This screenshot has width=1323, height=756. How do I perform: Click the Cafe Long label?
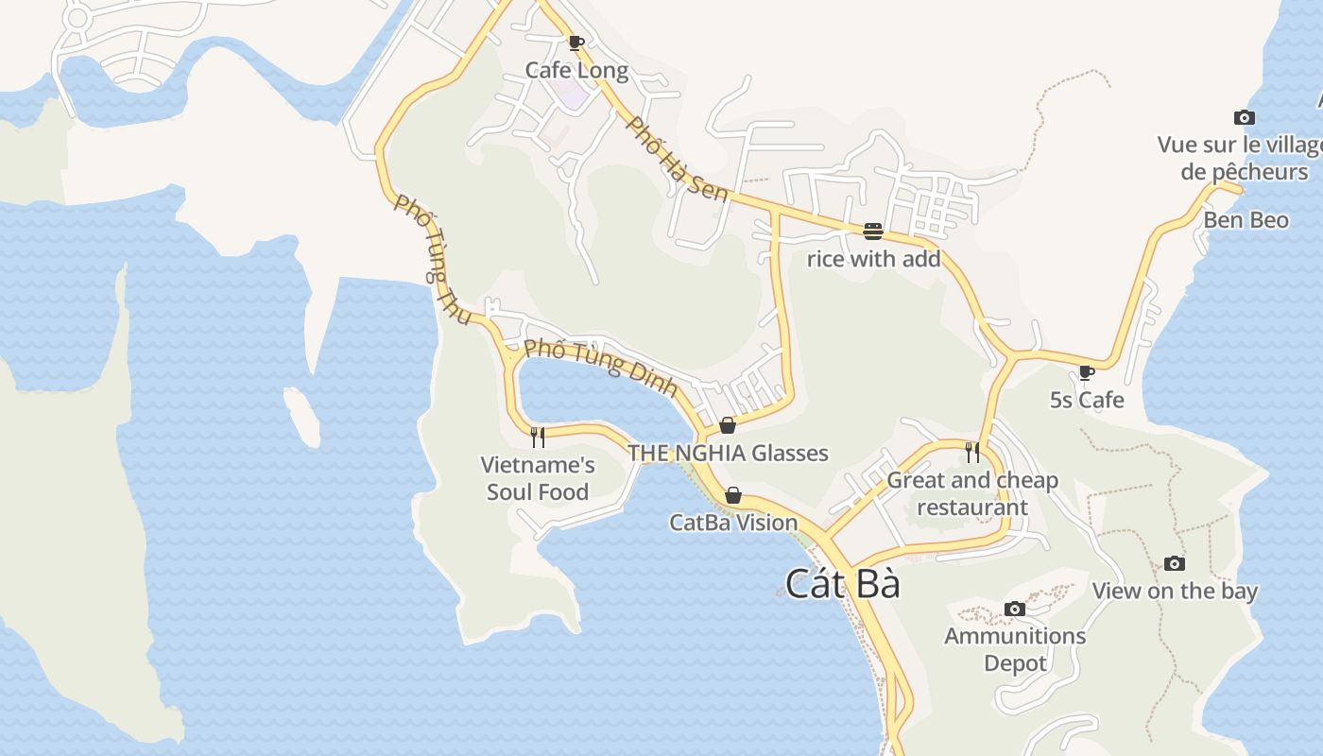576,70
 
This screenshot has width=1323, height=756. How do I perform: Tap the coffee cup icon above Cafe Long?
576,42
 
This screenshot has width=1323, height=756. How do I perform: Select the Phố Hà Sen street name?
677,159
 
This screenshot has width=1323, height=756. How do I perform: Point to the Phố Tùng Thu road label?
432,260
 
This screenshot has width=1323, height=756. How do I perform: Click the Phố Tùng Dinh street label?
601,367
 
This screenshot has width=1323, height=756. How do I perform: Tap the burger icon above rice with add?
872,231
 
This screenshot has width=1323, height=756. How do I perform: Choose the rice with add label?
873,258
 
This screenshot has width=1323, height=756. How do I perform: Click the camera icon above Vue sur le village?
1245,118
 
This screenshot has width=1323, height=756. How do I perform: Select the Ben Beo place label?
1246,220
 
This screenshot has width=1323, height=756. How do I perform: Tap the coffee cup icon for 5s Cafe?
1087,372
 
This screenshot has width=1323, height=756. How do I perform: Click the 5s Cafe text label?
1087,400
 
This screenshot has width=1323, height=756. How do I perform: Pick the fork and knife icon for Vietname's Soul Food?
538,437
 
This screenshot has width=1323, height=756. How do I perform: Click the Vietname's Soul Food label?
538,478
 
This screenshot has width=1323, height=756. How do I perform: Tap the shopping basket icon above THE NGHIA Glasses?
728,425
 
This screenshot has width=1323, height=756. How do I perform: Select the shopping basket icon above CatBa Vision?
732,495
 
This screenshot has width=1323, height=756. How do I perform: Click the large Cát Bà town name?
843,584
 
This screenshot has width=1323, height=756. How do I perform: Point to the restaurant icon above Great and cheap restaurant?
972,453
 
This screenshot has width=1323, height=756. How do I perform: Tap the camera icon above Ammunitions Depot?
1015,609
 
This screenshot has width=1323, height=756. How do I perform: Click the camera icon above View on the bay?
1174,563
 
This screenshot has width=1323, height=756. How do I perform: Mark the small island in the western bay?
301,417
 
